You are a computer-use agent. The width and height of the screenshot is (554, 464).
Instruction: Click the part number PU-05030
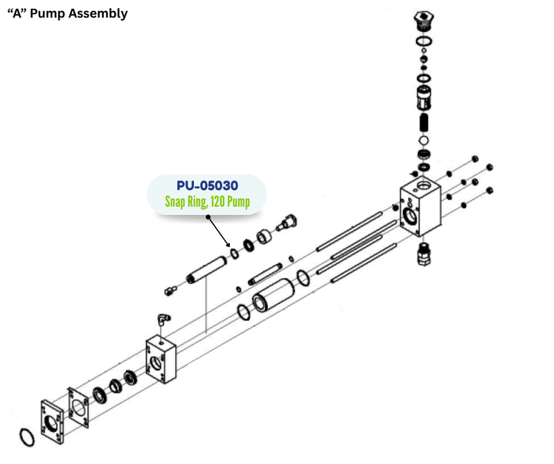click(207, 185)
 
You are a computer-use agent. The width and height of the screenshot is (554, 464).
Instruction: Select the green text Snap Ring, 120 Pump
click(207, 202)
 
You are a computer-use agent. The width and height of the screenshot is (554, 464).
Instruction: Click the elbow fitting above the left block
click(162, 318)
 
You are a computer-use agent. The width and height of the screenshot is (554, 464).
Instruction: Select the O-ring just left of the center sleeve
click(243, 312)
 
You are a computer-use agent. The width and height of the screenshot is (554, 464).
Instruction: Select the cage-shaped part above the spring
click(424, 98)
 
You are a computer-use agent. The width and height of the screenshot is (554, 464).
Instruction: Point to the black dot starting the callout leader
click(207, 216)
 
